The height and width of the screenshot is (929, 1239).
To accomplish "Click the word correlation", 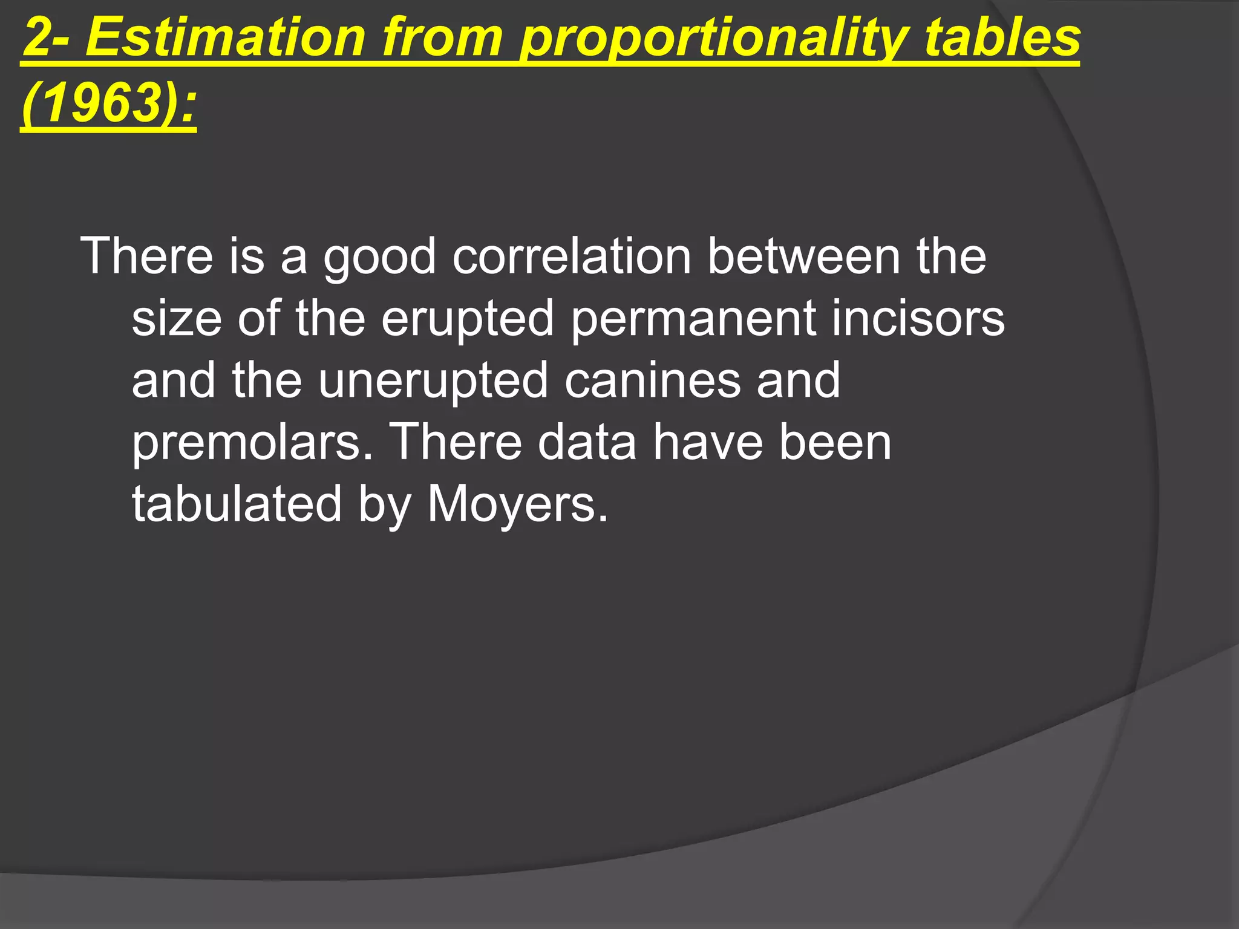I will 572,256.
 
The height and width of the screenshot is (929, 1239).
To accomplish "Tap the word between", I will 804,256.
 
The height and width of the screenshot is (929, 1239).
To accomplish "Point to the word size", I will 177,318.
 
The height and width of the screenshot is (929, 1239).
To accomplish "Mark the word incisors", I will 918,318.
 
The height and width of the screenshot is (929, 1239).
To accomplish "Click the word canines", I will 653,380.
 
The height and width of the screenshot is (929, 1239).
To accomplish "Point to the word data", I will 587,442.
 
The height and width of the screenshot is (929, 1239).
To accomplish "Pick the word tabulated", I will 237,504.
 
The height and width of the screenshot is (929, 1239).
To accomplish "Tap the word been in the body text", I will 835,442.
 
